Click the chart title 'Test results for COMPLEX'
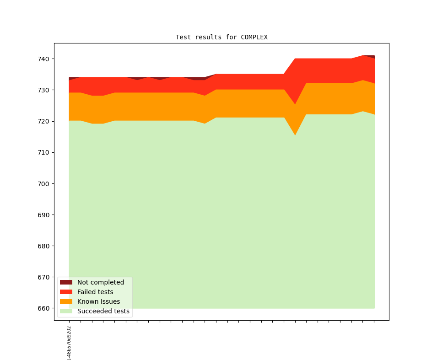point(221,37)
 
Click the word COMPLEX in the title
point(254,37)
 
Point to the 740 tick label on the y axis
point(44,59)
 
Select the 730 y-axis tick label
point(44,90)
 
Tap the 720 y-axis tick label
point(44,121)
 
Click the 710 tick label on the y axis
point(44,152)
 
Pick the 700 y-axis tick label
point(44,183)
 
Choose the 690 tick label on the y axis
point(44,215)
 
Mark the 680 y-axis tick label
point(44,246)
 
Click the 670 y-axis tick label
point(44,277)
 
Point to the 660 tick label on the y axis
point(44,308)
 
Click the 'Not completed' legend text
point(101,282)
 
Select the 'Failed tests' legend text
point(95,292)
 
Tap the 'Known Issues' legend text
point(98,301)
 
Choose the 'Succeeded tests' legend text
point(103,311)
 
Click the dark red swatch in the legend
point(66,282)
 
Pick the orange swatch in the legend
point(66,301)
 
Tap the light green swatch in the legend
point(66,311)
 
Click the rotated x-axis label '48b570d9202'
point(69,343)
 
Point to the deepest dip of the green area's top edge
point(295,135)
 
